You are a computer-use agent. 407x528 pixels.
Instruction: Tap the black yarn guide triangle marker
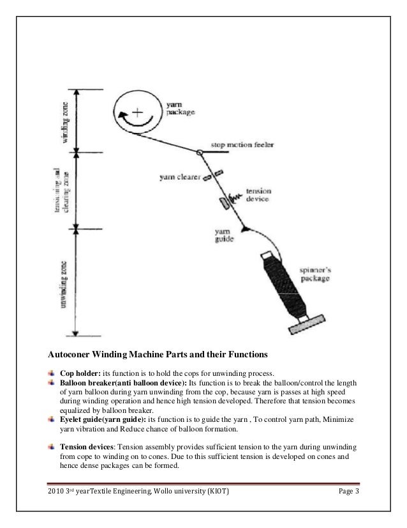pos(244,226)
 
